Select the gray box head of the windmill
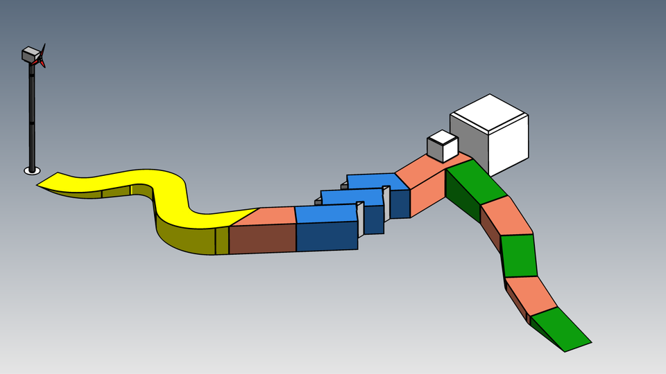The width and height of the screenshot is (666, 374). pos(31,55)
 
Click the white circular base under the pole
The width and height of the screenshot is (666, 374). pos(32,170)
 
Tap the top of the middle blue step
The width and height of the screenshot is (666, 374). pos(350,196)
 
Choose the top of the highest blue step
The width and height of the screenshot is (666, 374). pos(375,181)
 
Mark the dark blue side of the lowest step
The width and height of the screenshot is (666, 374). pos(326,236)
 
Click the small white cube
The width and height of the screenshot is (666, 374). pos(442,146)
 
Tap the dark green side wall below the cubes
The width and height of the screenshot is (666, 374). pos(461,197)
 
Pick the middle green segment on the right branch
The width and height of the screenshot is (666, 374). pos(518,256)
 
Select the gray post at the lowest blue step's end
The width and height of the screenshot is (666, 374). pos(360,218)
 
